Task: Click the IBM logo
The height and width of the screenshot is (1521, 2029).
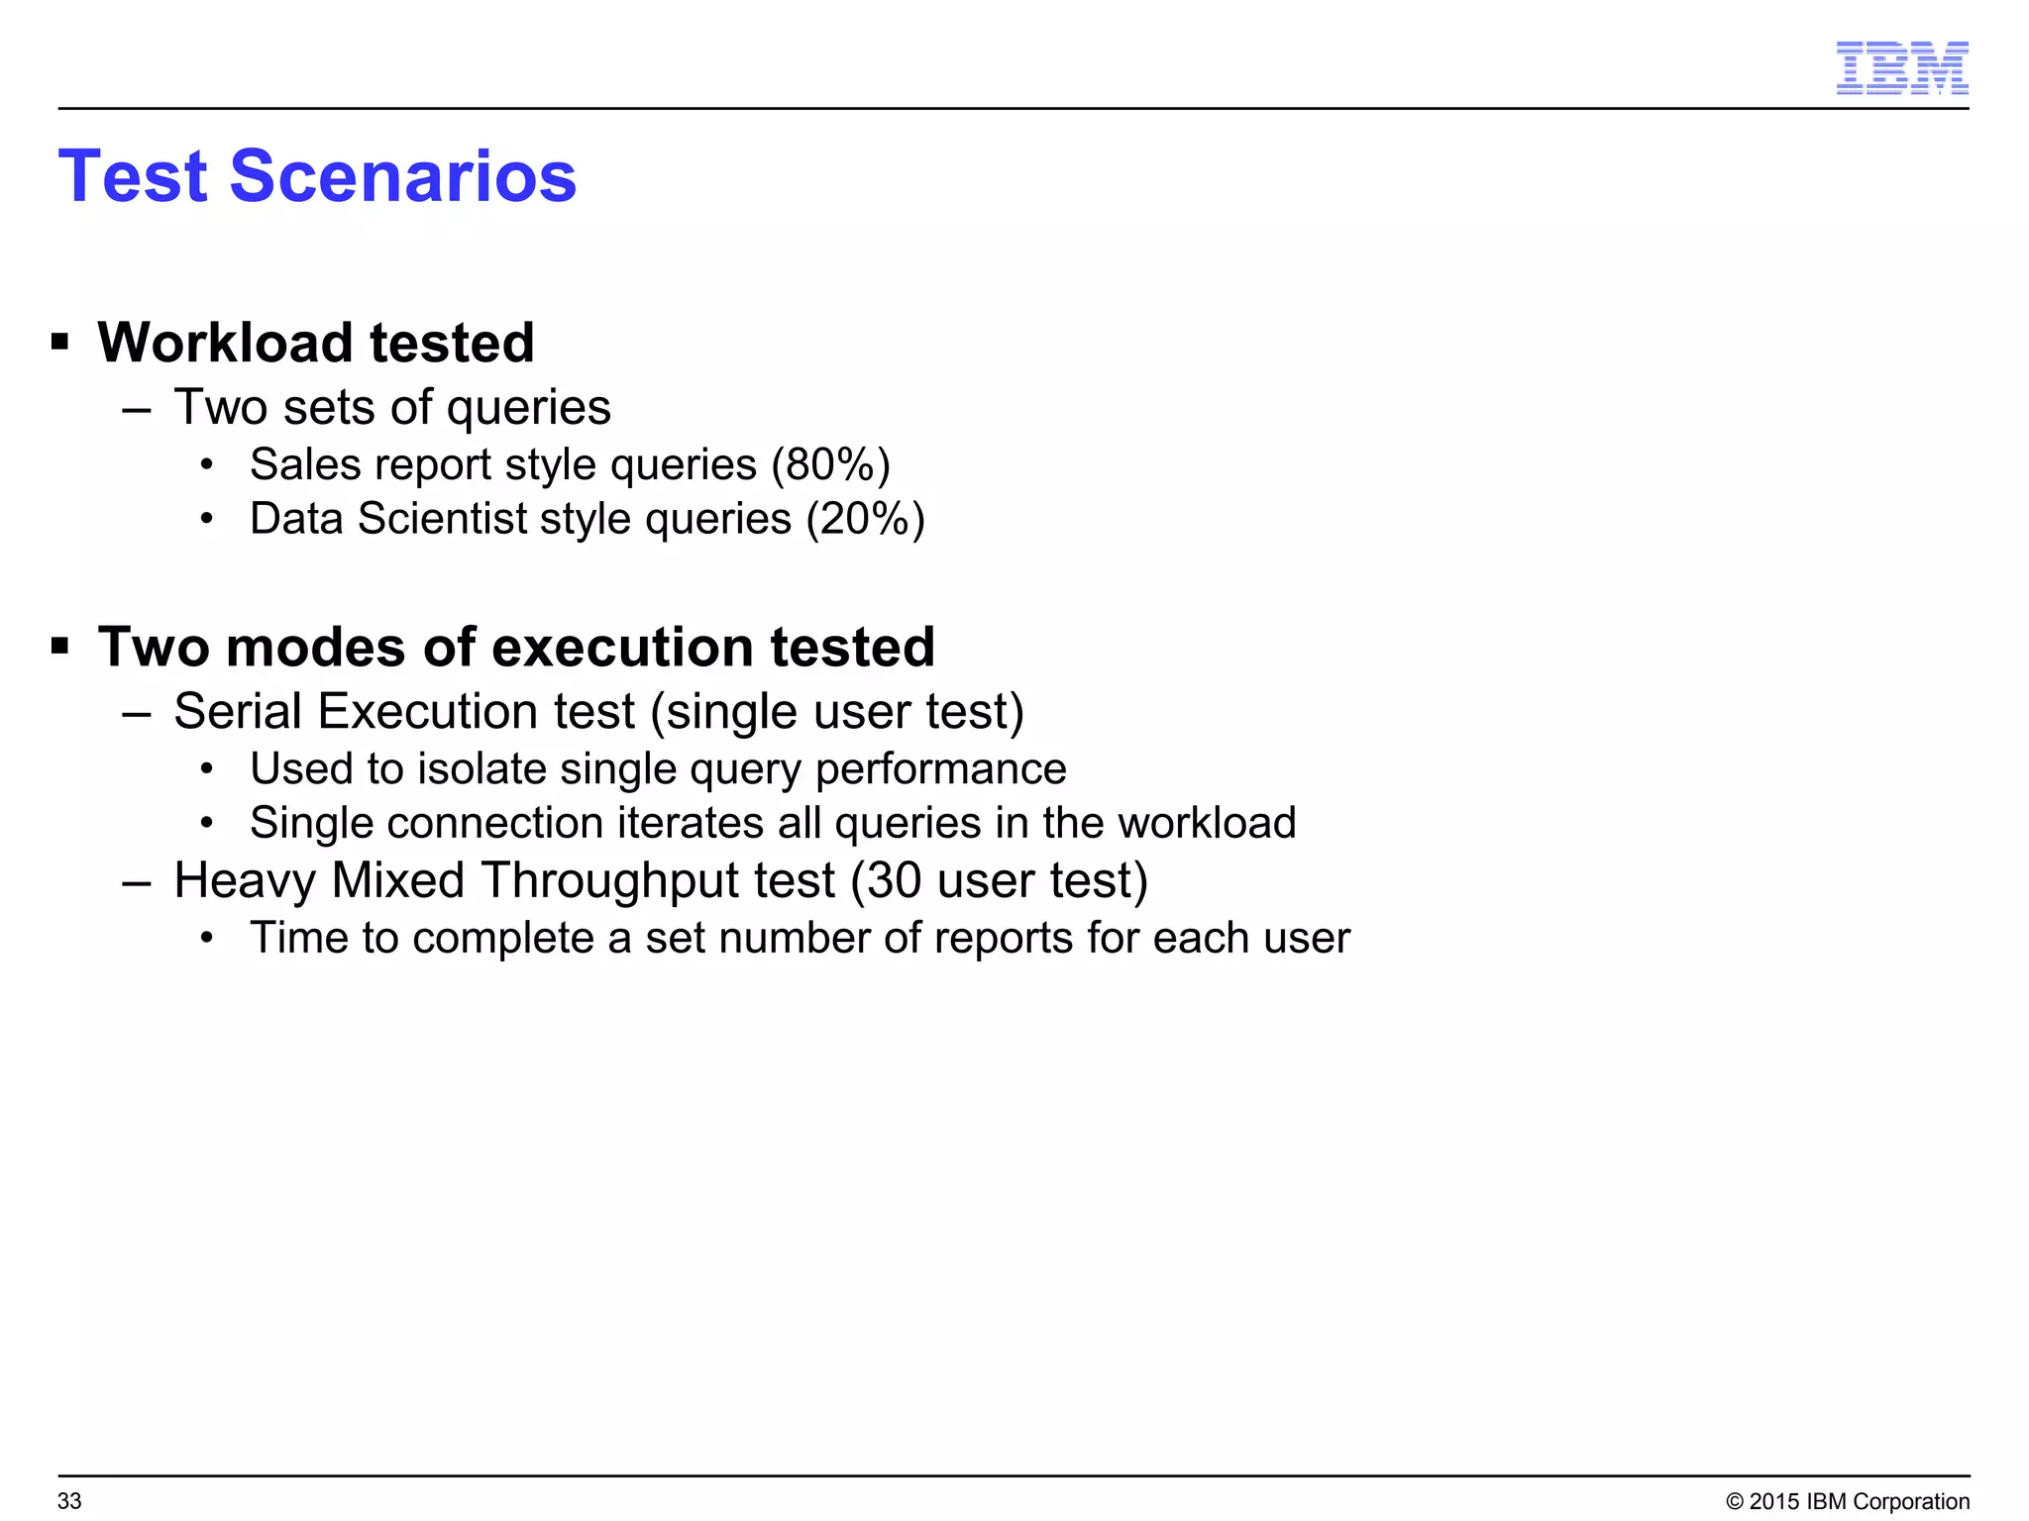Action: (x=1901, y=68)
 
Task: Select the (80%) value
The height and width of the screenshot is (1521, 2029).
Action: (x=830, y=464)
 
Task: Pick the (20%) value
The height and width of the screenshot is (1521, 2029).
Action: (x=865, y=519)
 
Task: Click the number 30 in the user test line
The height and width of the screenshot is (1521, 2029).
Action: (x=894, y=880)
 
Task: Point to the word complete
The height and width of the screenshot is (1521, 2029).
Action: (x=503, y=939)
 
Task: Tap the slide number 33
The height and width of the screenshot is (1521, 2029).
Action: (x=69, y=1501)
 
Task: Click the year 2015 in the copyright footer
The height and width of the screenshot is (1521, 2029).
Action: (x=1774, y=1501)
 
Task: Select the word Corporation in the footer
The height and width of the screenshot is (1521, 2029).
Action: (x=1910, y=1501)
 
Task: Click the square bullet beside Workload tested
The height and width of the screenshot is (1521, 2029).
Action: (x=60, y=343)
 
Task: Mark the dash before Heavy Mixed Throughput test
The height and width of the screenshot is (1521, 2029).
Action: (x=136, y=881)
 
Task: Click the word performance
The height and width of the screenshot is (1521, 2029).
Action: (x=940, y=769)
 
